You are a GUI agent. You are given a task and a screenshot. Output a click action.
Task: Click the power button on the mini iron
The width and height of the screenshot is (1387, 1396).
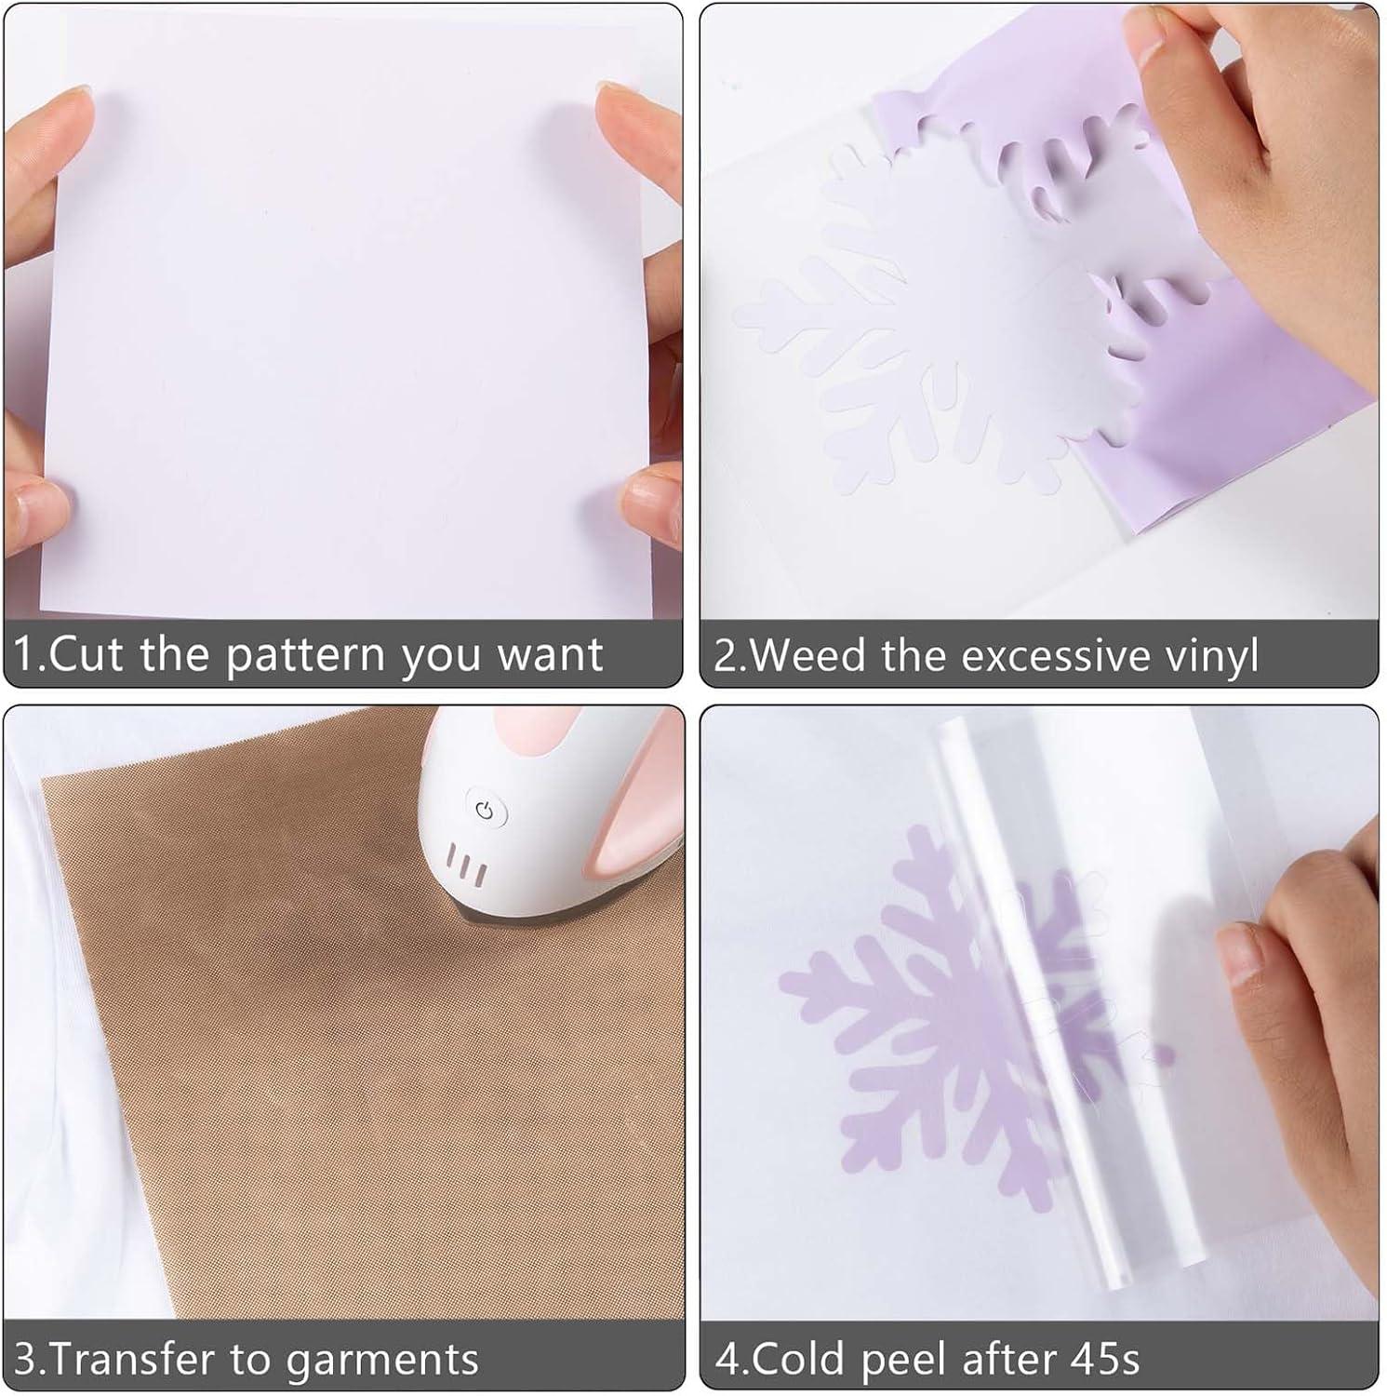(x=484, y=810)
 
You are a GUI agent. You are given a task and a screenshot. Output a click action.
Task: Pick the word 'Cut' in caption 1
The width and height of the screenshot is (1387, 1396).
(x=85, y=654)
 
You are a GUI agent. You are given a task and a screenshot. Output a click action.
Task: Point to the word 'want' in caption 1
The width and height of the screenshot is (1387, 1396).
(x=551, y=656)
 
